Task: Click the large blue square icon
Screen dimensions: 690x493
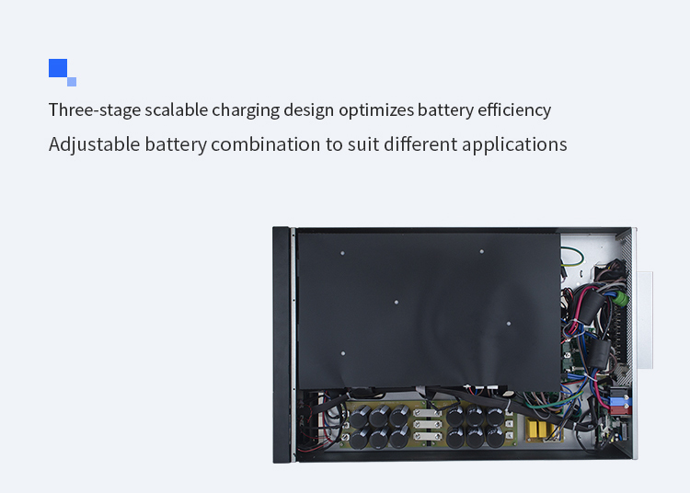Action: click(58, 68)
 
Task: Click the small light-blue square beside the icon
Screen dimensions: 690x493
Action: click(72, 82)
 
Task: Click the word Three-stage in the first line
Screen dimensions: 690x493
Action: click(95, 110)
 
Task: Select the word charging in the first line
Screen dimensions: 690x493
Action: click(246, 110)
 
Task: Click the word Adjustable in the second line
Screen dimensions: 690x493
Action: click(94, 144)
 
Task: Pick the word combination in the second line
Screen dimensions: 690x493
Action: click(266, 144)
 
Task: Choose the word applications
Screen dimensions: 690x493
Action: click(514, 144)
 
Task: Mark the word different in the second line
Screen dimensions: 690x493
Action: click(420, 144)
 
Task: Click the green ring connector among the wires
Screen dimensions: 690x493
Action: click(621, 298)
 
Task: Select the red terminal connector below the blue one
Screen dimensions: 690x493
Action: click(620, 411)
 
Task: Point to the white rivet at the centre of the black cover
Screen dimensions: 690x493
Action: click(396, 303)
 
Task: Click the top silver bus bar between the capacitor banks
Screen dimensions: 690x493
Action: click(428, 413)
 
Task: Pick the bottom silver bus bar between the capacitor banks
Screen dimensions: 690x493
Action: click(428, 436)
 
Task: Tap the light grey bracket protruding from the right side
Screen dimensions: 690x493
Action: click(645, 320)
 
